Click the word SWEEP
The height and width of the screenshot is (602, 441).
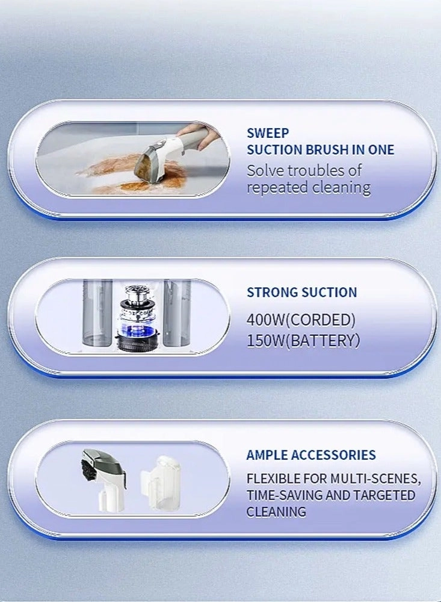coord(268,133)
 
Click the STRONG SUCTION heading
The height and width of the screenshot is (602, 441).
coord(301,292)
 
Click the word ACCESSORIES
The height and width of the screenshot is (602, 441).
coord(333,455)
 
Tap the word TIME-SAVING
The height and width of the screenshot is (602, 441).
coord(285,495)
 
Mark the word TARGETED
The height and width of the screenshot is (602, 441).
coord(384,495)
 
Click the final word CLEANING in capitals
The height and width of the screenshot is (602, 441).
coord(276,512)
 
